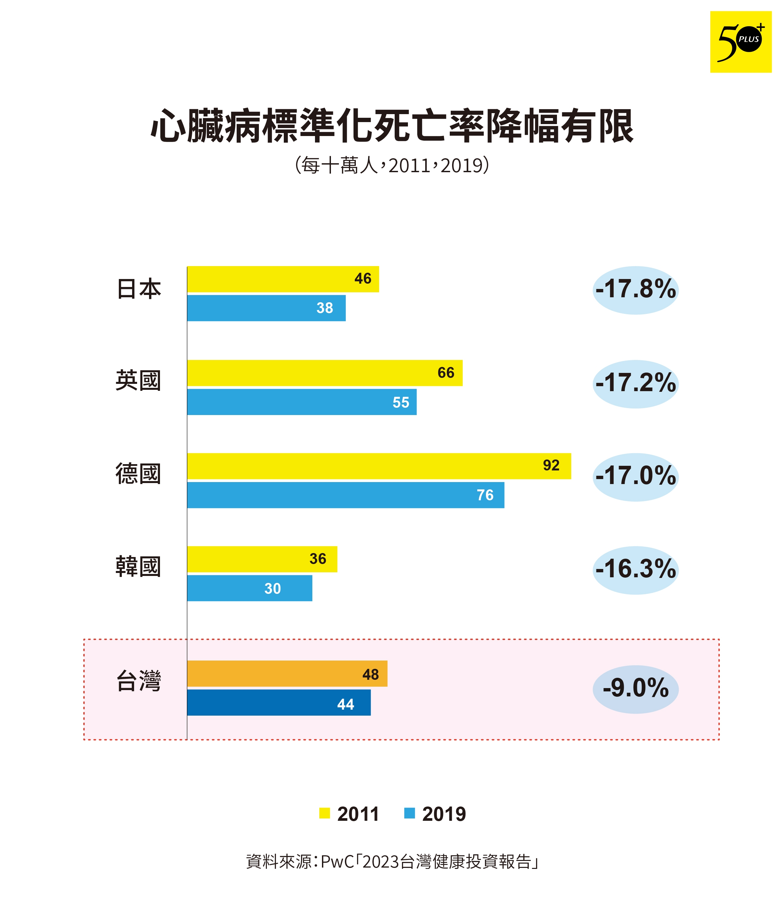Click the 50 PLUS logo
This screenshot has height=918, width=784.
[x=740, y=42]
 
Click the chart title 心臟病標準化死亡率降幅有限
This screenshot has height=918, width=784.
[x=392, y=127]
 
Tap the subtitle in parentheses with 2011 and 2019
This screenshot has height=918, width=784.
[x=392, y=165]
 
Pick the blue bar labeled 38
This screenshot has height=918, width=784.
[x=266, y=308]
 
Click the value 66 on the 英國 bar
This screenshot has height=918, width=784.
[x=445, y=373]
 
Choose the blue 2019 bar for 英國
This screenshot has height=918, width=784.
[x=301, y=402]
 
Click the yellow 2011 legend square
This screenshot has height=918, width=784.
[x=324, y=813]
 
